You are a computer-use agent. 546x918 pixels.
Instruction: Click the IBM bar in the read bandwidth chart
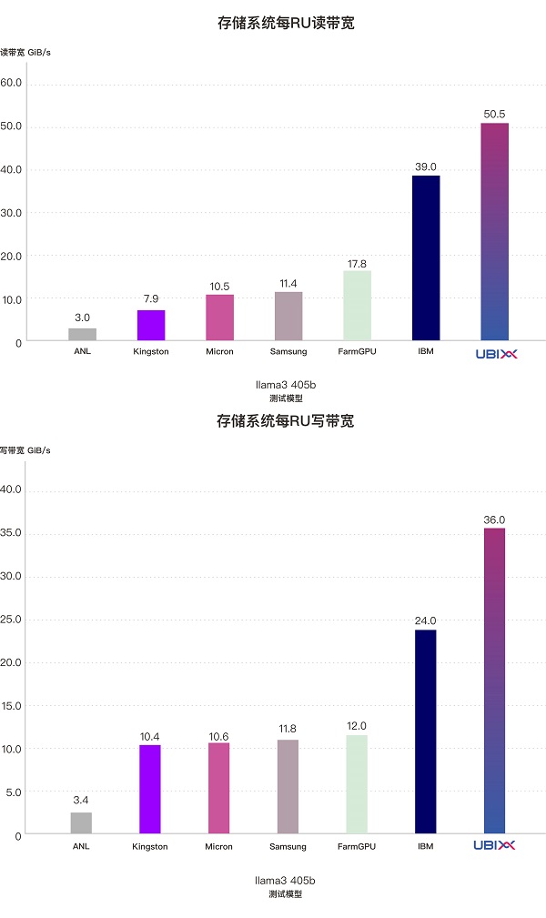(x=426, y=257)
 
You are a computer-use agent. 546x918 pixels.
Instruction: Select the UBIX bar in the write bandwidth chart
(x=495, y=680)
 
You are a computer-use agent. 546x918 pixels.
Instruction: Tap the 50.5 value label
(x=494, y=115)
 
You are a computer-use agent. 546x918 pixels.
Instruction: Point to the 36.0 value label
(x=494, y=520)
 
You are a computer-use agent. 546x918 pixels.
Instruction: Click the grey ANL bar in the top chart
(x=83, y=334)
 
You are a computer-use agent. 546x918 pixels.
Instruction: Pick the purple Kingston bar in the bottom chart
(x=149, y=789)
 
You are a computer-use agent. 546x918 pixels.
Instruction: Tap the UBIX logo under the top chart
(x=494, y=353)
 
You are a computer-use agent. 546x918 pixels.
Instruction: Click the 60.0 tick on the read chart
(x=12, y=84)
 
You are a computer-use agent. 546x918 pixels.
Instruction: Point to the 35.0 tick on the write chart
(x=12, y=534)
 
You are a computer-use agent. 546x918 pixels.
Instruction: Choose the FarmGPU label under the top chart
(x=357, y=351)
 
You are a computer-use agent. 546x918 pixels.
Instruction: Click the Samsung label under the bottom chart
(x=288, y=846)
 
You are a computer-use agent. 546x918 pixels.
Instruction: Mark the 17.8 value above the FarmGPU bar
(x=357, y=264)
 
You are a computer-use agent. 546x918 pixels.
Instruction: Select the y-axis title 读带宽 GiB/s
(x=25, y=52)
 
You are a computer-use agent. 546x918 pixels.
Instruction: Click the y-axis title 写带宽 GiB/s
(x=25, y=449)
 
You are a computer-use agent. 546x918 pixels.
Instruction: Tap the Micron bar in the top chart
(x=219, y=318)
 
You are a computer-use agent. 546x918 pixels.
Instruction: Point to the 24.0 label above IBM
(x=425, y=621)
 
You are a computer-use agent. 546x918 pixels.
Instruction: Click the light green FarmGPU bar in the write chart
(x=357, y=783)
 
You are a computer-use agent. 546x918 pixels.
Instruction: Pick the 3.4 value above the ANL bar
(x=81, y=800)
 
